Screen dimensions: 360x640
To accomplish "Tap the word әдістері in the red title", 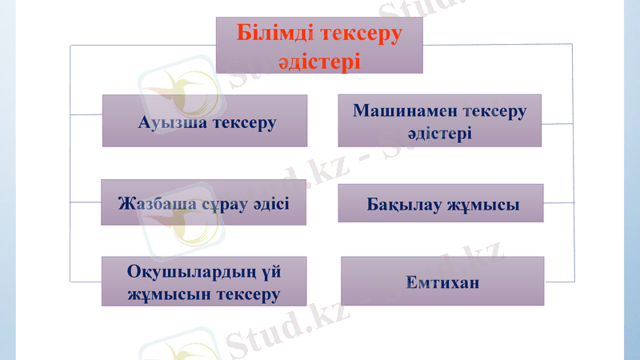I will [318, 61].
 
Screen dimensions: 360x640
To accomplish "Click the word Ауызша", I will [172, 122].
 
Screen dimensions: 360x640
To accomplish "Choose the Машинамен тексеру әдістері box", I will [439, 120].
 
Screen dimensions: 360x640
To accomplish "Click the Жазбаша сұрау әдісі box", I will [203, 202].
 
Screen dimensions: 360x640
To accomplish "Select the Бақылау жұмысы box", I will [441, 203].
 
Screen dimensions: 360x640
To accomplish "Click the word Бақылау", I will [402, 205].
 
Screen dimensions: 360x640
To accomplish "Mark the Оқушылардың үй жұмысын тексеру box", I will [204, 282].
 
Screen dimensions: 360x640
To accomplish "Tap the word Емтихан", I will [442, 282].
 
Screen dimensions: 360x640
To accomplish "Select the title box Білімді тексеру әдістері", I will [318, 46].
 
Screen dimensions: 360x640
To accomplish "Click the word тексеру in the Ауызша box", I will [241, 122].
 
